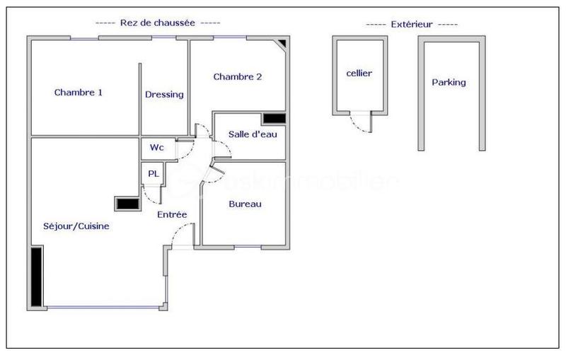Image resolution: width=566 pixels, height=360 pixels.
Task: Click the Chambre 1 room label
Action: (79, 92)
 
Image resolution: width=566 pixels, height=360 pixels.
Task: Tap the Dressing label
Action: (164, 95)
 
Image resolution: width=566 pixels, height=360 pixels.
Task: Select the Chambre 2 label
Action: (238, 77)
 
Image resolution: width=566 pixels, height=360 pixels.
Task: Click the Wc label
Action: (157, 148)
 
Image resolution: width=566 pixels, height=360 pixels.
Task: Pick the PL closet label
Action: (153, 173)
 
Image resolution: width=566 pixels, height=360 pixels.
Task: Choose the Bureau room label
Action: (245, 204)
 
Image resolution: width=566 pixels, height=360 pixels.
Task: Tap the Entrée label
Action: (172, 214)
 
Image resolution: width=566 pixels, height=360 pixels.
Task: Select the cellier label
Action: (359, 73)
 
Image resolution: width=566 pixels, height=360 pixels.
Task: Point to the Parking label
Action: (449, 82)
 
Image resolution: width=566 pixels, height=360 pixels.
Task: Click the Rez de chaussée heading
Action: (158, 23)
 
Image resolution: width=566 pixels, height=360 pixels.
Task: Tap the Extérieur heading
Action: (412, 24)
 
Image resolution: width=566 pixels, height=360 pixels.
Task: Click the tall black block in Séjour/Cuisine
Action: (36, 275)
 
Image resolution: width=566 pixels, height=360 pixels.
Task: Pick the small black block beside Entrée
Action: (126, 204)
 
